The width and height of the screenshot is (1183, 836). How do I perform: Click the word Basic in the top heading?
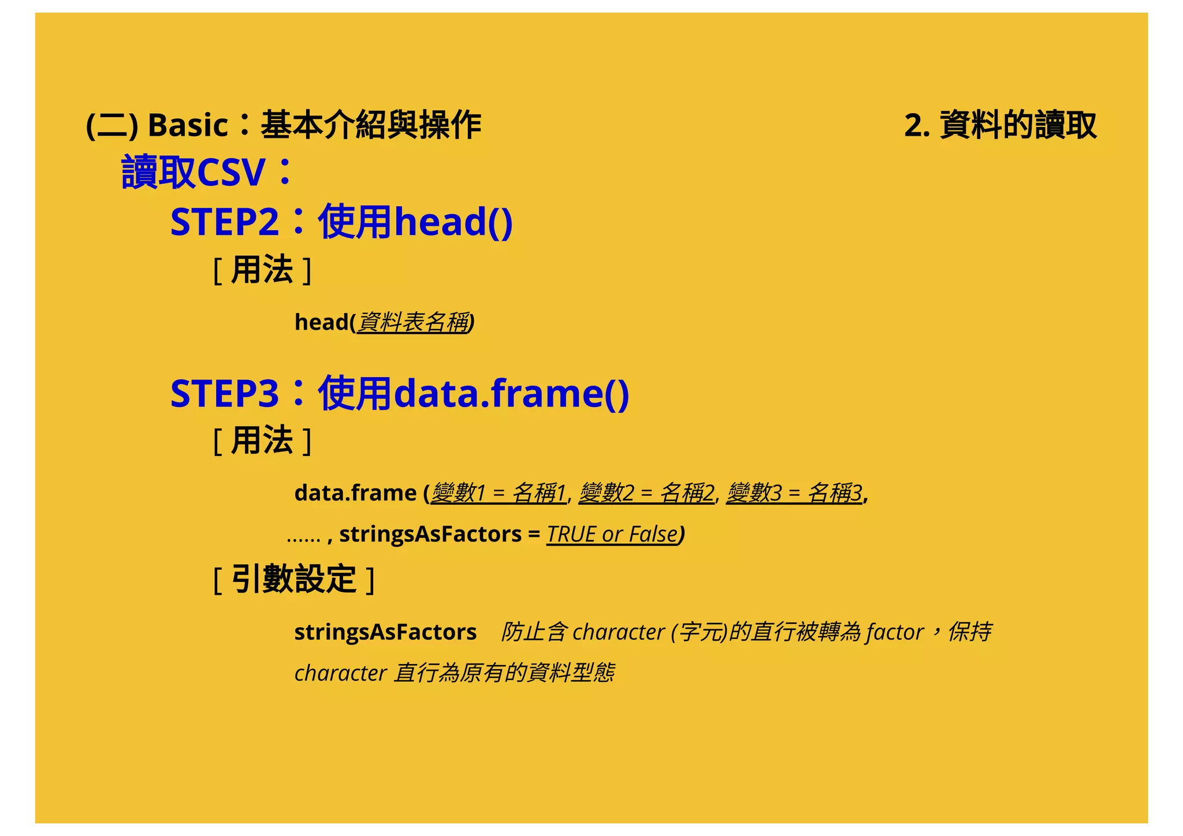coord(188,125)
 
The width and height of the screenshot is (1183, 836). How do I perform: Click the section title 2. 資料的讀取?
coord(1000,125)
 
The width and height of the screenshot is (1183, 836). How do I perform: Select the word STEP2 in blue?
coord(225,222)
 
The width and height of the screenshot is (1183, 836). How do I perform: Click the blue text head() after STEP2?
coord(453,222)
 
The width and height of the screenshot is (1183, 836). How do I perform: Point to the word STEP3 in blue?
coord(225,394)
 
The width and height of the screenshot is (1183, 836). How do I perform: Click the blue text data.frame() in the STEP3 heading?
coord(511,394)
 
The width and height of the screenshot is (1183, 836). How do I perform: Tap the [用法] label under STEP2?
coord(262,270)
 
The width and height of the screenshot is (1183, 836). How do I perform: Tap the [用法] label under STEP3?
coord(262,441)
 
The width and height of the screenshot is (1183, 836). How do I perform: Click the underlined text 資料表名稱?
coord(414,322)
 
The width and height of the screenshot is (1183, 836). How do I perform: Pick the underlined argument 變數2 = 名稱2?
coord(646,493)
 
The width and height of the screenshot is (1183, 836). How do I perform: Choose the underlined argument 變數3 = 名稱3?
coord(794,493)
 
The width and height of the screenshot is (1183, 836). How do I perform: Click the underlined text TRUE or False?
coord(612,535)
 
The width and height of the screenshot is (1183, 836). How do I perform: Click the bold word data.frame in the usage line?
coord(355,493)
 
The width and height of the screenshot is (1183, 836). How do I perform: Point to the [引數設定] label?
coord(293,580)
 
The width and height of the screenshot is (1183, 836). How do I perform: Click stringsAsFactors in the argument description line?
coord(385,632)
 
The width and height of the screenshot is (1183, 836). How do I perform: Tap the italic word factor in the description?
coord(894,632)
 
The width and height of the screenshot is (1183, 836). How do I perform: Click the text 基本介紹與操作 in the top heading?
coord(371,125)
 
